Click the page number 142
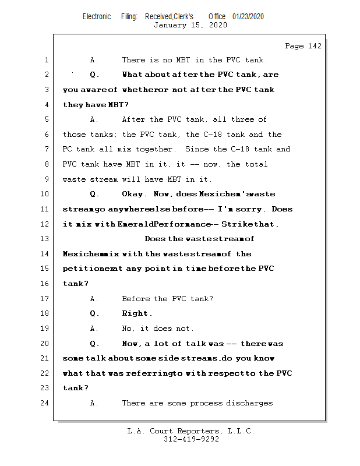[x=315, y=46]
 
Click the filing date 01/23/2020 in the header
[x=248, y=17]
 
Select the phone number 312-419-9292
[x=191, y=439]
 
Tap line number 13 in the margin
[x=44, y=239]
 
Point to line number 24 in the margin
[x=44, y=403]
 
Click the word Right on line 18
[x=135, y=313]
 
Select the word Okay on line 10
[x=132, y=194]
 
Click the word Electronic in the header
[x=97, y=17]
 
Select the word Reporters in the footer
[x=198, y=431]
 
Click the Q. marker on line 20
[x=94, y=344]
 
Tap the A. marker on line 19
[x=94, y=329]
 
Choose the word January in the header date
[x=170, y=25]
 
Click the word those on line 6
[x=74, y=135]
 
